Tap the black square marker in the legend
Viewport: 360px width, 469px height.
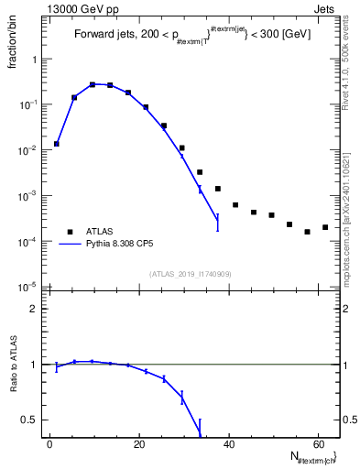(70, 232)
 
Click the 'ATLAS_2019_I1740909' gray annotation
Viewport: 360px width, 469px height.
(191, 273)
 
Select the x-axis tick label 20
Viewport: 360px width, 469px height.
(139, 444)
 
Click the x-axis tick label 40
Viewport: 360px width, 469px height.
(228, 444)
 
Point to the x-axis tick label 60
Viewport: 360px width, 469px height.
(317, 444)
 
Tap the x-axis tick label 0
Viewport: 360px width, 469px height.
(50, 444)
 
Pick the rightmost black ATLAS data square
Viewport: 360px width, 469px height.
(325, 227)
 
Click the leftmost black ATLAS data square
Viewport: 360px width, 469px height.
(57, 144)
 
